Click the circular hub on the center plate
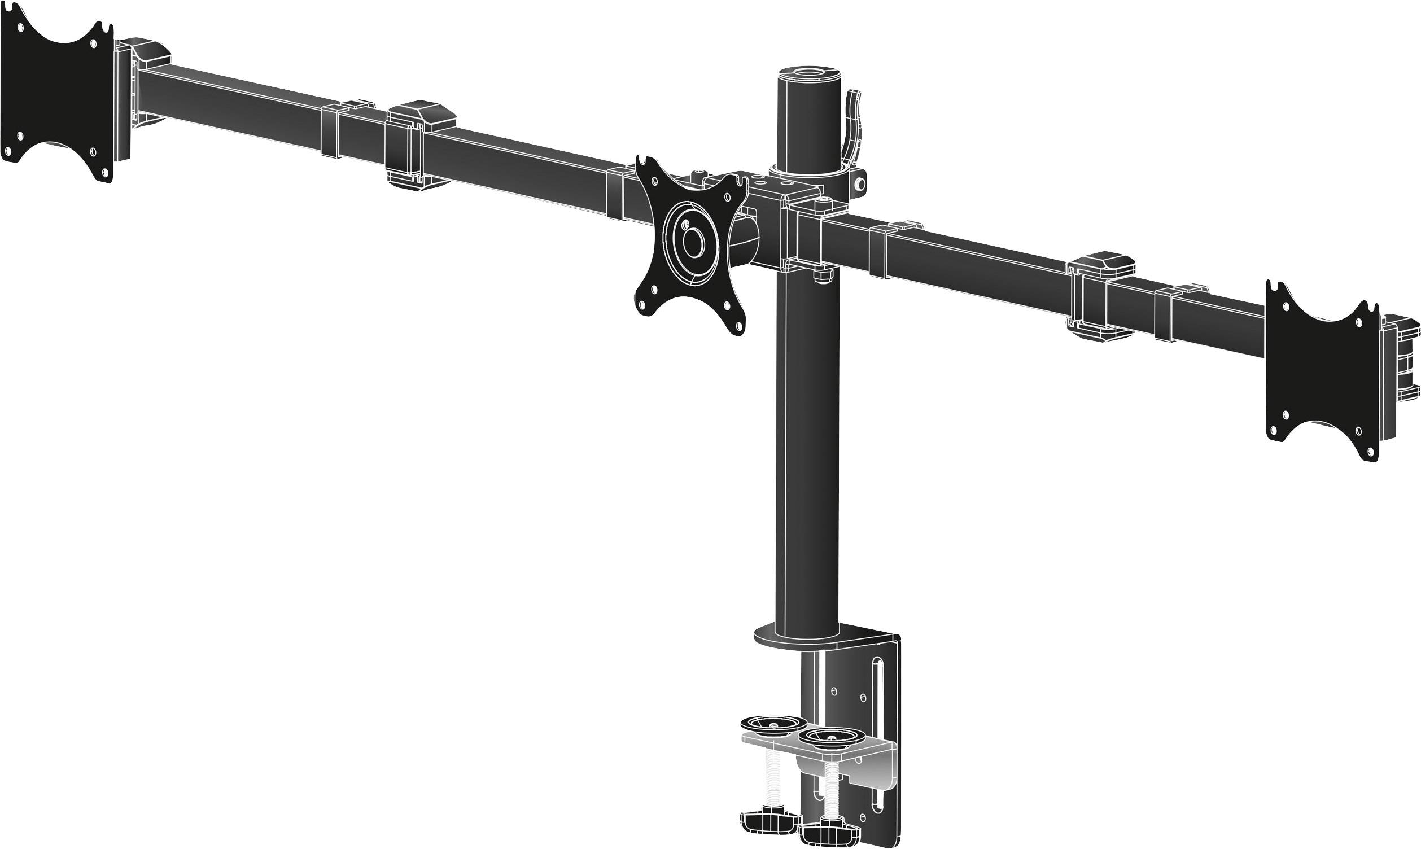point(693,243)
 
